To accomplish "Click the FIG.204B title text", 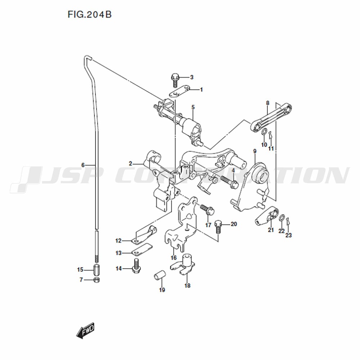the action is [90, 14].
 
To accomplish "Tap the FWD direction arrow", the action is [85, 330].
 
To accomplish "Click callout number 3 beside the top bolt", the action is [192, 77].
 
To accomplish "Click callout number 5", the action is [193, 107].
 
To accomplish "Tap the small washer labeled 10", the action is [264, 132].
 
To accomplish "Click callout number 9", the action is [255, 151].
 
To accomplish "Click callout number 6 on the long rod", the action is [83, 165].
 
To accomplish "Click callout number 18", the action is [187, 285].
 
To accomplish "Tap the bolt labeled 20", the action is [219, 227].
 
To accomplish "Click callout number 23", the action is [289, 235].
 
